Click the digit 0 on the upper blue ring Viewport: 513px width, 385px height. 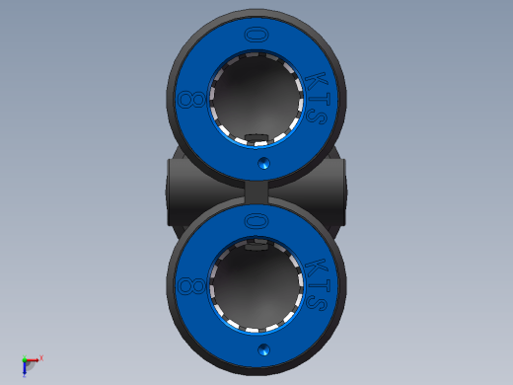pos(256,35)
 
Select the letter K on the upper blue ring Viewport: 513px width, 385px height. pos(316,81)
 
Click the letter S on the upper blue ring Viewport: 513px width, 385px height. pos(317,116)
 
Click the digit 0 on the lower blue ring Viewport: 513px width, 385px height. pos(256,220)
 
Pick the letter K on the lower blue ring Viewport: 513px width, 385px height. pos(316,267)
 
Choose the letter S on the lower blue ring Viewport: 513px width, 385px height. pos(317,303)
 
